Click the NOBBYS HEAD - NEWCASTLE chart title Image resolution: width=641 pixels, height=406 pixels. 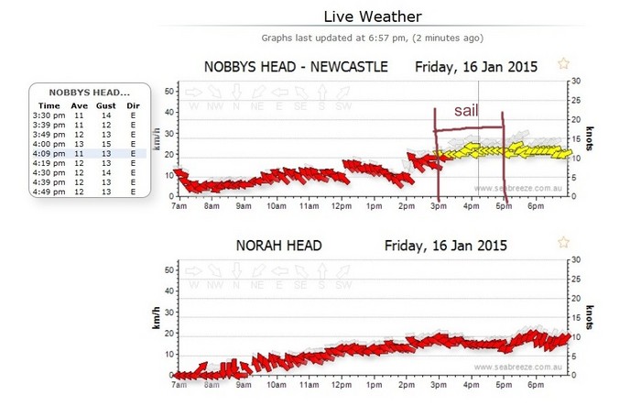295,67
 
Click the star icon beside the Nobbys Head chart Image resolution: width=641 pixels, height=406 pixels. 564,64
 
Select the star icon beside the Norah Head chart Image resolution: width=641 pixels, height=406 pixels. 564,242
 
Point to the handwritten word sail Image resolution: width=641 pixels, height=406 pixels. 467,111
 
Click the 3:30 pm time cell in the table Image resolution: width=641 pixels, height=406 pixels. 43,116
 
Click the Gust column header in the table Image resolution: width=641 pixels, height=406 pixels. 107,106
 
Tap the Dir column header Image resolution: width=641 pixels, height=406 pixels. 134,106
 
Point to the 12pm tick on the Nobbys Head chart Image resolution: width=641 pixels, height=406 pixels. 342,207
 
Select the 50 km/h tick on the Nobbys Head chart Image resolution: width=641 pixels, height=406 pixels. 168,91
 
